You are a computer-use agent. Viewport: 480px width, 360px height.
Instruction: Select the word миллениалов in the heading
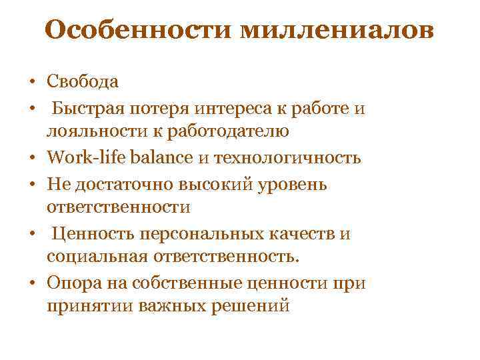[x=333, y=30]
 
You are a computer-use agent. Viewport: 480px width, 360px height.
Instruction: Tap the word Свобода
[x=83, y=82]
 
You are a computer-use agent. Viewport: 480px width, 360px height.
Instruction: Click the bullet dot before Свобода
[x=31, y=83]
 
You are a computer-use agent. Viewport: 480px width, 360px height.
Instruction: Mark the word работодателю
[x=231, y=131]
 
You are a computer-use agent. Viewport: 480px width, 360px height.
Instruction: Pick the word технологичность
[x=287, y=157]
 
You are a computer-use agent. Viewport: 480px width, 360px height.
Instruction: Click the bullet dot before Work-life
[x=31, y=158]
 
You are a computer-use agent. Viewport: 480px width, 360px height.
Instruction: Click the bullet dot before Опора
[x=31, y=283]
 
